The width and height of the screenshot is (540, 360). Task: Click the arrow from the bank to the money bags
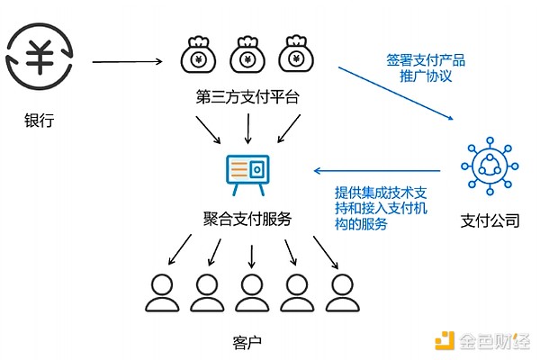126,62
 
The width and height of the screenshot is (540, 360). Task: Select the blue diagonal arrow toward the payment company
397,94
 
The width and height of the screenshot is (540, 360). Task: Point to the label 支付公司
490,219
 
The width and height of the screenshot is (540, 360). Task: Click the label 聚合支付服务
247,220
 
